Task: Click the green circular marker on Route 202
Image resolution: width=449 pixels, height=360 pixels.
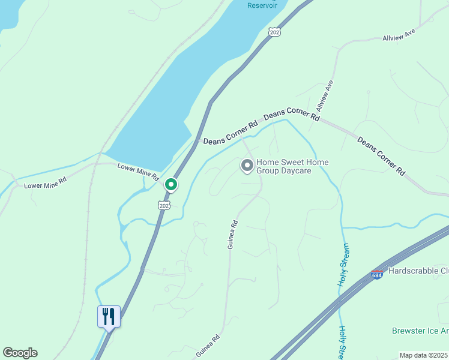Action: (x=171, y=184)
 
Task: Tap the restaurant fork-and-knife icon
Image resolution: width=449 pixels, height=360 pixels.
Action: (x=109, y=316)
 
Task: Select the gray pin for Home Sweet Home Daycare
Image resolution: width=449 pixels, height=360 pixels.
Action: (x=247, y=165)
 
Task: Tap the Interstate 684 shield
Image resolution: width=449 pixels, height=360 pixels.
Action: (x=377, y=274)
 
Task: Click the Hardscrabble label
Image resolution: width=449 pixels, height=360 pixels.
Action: (x=418, y=271)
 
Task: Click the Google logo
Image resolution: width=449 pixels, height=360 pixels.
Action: (x=20, y=353)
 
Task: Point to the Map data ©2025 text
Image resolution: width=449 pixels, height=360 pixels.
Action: (x=423, y=355)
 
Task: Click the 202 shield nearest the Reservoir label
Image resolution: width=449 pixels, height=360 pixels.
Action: (x=274, y=32)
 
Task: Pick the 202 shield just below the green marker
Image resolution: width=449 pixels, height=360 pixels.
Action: (x=164, y=205)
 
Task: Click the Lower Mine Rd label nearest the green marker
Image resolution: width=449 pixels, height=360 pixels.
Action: (x=137, y=172)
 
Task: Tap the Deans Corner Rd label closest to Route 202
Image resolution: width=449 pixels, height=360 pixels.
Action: (x=230, y=134)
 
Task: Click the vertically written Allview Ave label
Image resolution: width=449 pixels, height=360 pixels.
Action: (x=325, y=97)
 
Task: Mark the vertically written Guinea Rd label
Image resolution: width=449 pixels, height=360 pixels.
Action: (x=233, y=235)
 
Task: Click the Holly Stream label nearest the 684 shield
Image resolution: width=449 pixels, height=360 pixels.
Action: (x=343, y=265)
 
